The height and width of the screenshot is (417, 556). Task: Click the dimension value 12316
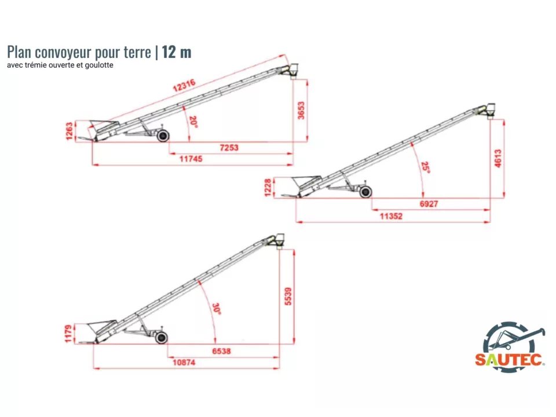(184, 86)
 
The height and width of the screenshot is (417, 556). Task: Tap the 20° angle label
(193, 122)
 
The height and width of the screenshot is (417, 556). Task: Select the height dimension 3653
(301, 111)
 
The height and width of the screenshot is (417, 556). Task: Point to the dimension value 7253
(229, 148)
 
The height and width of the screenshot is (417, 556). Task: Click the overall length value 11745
(191, 159)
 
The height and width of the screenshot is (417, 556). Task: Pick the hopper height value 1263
(69, 131)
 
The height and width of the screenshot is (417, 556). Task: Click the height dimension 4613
(498, 159)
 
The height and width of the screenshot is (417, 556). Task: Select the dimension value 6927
(429, 204)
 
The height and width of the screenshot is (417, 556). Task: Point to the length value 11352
(391, 216)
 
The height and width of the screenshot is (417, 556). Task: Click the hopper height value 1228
(268, 187)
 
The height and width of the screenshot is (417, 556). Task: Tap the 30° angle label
(216, 309)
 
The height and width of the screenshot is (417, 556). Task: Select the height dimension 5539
(288, 296)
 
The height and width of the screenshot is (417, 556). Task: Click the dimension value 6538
(221, 351)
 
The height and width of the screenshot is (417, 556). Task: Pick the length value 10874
(184, 363)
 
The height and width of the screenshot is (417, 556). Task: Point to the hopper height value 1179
(68, 334)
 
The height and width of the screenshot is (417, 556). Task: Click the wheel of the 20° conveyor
(163, 136)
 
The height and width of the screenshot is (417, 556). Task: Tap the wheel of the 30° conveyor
(162, 338)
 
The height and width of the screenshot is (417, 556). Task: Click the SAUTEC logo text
(509, 360)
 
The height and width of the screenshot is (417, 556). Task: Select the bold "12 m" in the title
(177, 52)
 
